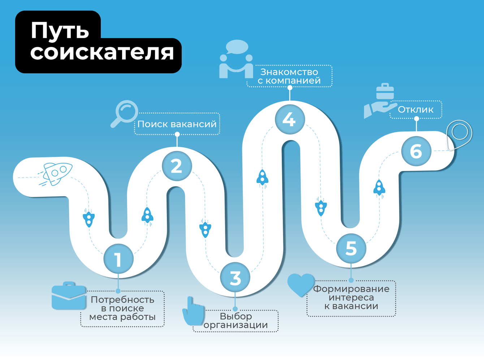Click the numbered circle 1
coord(118,259)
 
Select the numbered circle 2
coord(177,166)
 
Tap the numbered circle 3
coord(235,278)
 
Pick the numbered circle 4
coord(290,119)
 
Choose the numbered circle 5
coord(351,248)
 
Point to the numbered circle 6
coord(416,151)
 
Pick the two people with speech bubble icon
coord(237,60)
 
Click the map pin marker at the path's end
coord(459,134)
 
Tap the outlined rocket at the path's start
coord(56,174)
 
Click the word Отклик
coord(415,110)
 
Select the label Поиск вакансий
coord(177,124)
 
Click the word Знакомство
coord(289,72)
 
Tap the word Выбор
coord(236,316)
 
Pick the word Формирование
coord(351,289)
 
